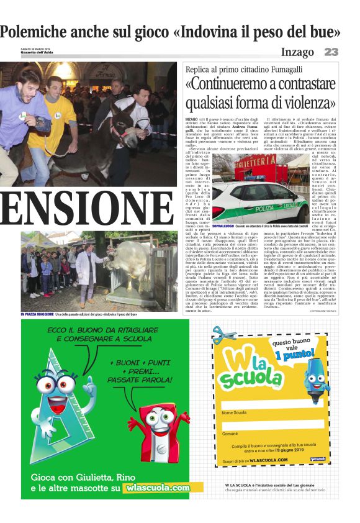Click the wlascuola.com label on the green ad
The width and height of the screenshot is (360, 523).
[156, 488]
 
